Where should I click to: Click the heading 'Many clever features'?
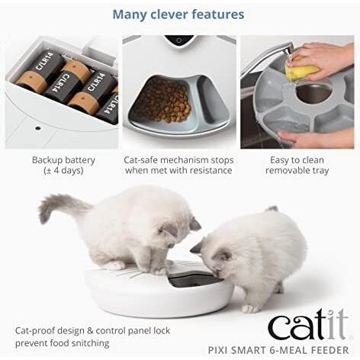178,14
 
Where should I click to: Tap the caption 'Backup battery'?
63,160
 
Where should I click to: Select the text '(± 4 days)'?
63,171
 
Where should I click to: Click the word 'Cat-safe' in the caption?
143,160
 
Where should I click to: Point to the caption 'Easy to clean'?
298,160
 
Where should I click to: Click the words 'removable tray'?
298,171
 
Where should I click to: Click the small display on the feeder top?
178,40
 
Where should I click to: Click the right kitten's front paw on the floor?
250,308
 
